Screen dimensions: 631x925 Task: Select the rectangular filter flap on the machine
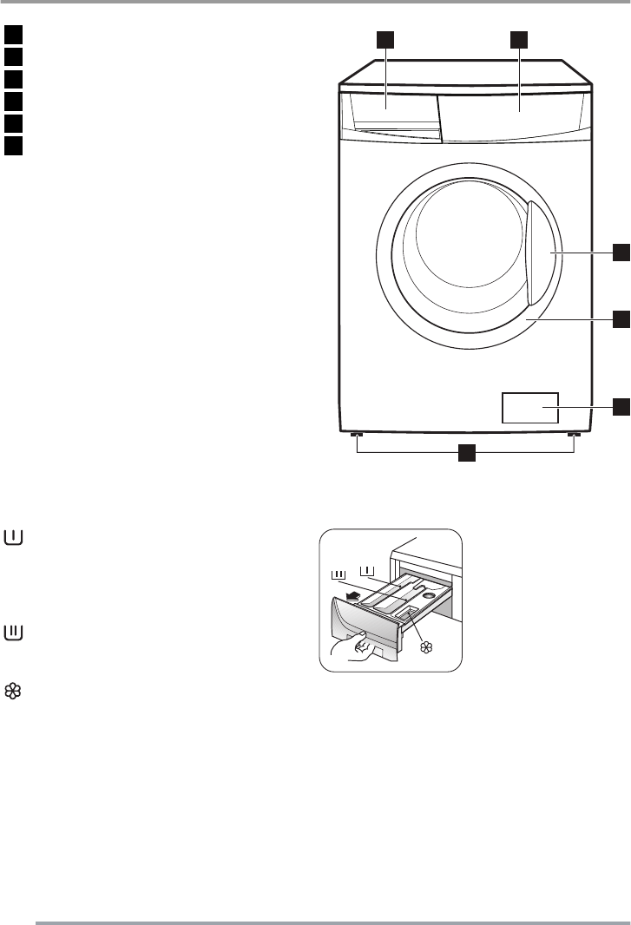tap(529, 407)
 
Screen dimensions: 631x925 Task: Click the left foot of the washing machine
tap(356, 436)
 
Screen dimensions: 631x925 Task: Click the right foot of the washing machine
tap(572, 436)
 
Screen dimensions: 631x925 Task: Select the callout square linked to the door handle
tap(621, 253)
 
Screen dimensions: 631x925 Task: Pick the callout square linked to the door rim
tap(621, 319)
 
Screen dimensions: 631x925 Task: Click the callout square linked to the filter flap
tap(621, 406)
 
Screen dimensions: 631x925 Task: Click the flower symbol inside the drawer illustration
tap(426, 646)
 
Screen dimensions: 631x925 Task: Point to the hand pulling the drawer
tap(355, 647)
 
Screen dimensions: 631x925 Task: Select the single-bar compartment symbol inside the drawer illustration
tap(368, 571)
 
